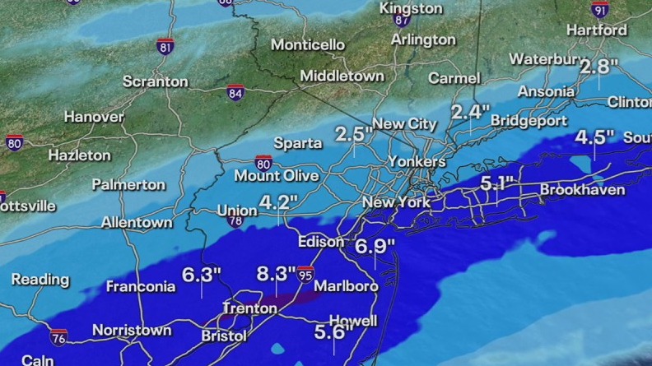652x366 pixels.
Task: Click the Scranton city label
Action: (x=155, y=81)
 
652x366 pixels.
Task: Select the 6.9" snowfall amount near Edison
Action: (x=376, y=244)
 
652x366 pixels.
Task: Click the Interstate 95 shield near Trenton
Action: (x=306, y=273)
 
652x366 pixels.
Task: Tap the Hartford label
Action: (x=597, y=30)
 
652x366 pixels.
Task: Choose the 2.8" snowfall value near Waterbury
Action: (x=598, y=67)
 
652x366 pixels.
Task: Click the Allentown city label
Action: (x=137, y=222)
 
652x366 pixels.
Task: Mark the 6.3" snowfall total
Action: (x=202, y=274)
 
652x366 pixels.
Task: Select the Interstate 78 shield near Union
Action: (x=235, y=220)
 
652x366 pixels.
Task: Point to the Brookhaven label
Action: (x=582, y=191)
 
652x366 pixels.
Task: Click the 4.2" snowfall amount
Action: (x=278, y=201)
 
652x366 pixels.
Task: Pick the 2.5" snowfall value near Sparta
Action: (x=354, y=133)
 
